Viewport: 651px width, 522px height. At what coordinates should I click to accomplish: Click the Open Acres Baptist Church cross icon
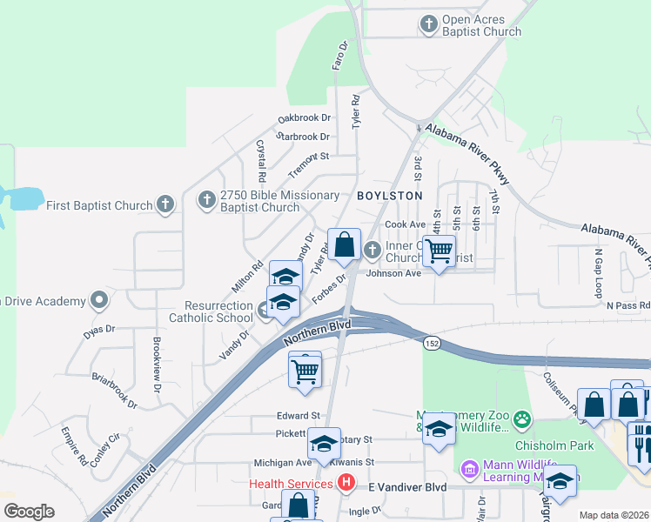pyautogui.click(x=428, y=24)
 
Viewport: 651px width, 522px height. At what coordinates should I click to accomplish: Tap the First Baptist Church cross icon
pyautogui.click(x=164, y=205)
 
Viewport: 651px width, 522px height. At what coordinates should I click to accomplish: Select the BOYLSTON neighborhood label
pyautogui.click(x=389, y=197)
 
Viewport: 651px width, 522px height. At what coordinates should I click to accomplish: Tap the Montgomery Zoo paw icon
pyautogui.click(x=521, y=419)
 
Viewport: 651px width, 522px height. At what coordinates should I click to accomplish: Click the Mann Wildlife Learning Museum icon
pyautogui.click(x=468, y=469)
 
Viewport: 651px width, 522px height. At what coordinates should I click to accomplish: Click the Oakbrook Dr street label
pyautogui.click(x=305, y=117)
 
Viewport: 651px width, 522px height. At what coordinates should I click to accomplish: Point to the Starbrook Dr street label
pyautogui.click(x=305, y=137)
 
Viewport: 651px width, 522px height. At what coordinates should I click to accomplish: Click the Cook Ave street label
pyautogui.click(x=405, y=224)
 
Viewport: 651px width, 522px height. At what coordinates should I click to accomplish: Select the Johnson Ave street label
pyautogui.click(x=393, y=273)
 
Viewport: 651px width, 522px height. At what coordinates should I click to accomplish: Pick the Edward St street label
pyautogui.click(x=299, y=416)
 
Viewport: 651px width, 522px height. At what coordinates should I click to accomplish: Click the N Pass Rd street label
pyautogui.click(x=628, y=306)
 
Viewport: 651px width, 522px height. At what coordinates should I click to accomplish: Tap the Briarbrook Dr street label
pyautogui.click(x=115, y=390)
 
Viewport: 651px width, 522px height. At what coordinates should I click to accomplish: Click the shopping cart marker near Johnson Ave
pyautogui.click(x=440, y=251)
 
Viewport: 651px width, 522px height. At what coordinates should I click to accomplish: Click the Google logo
pyautogui.click(x=28, y=512)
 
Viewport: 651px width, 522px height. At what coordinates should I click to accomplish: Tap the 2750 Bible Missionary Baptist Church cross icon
pyautogui.click(x=206, y=200)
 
